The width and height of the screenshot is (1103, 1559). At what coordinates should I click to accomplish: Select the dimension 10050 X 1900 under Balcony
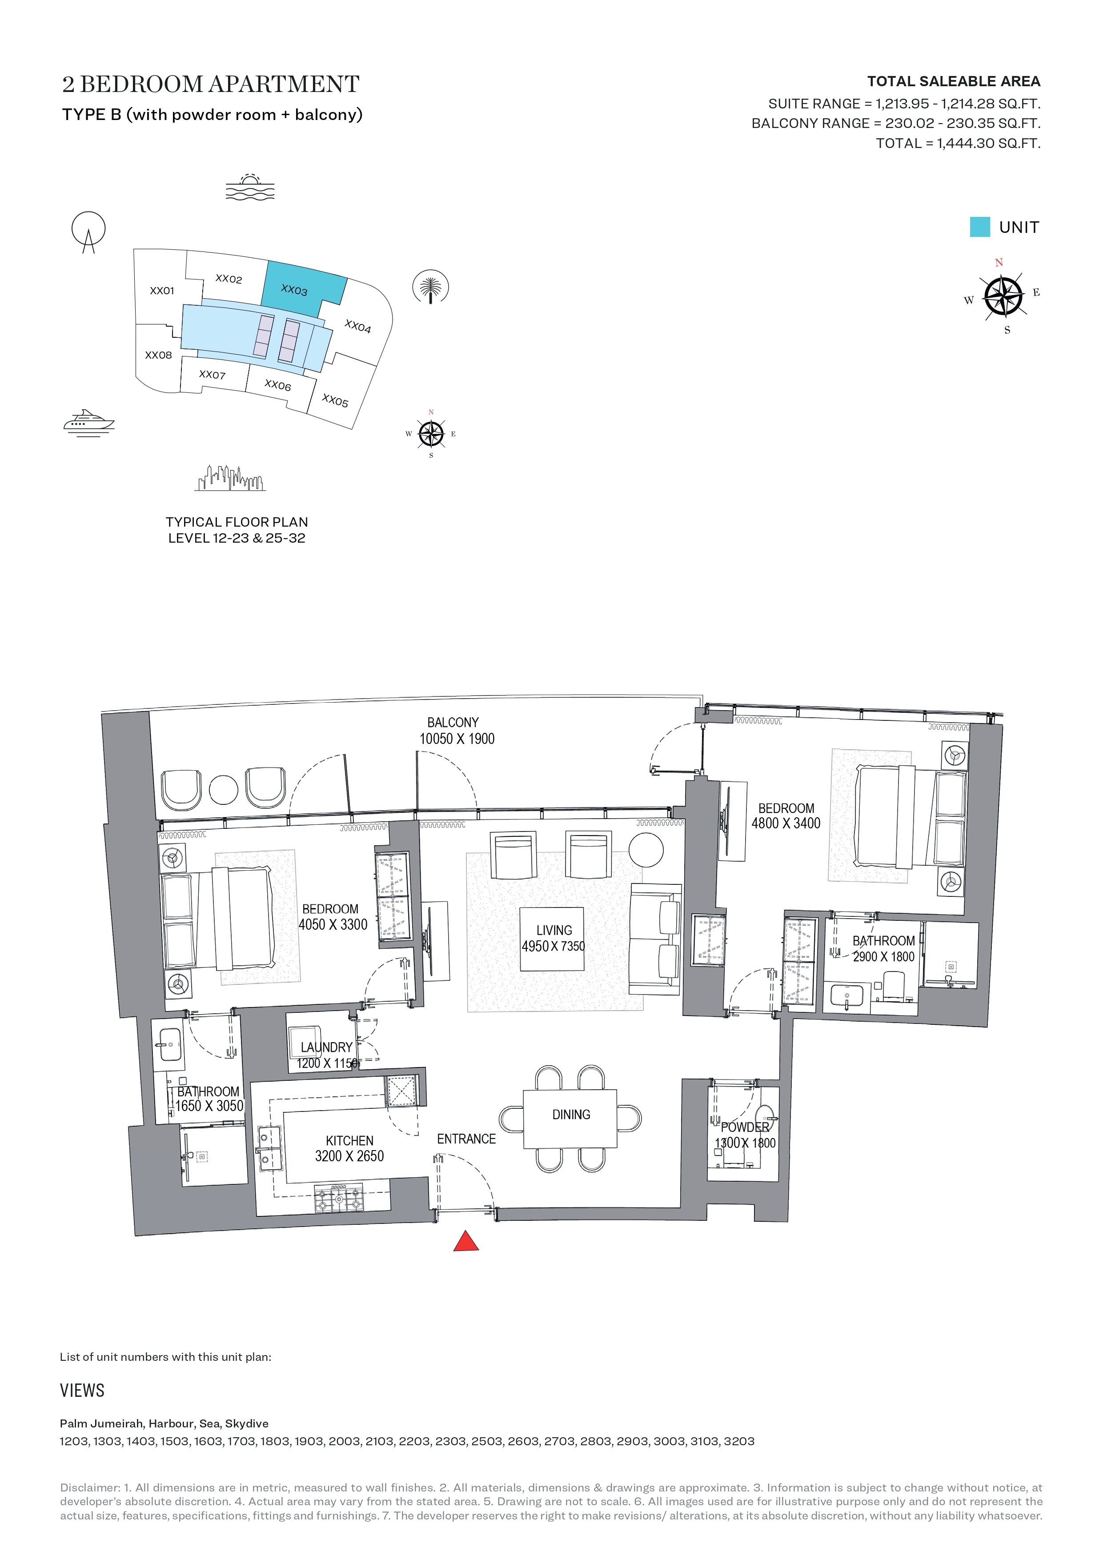tap(457, 739)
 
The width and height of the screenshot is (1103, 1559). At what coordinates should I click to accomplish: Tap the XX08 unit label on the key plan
tap(158, 355)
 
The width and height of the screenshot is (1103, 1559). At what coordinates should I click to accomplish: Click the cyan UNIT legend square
tap(979, 227)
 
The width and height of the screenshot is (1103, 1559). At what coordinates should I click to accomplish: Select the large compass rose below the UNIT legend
tap(1003, 297)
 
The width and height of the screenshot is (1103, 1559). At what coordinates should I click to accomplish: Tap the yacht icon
tap(89, 422)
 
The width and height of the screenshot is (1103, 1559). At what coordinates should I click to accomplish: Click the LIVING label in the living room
tap(554, 930)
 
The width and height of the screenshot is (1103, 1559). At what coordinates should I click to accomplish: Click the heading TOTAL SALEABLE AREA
tap(954, 81)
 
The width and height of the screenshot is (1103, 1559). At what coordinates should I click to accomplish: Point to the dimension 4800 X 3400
tap(786, 823)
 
